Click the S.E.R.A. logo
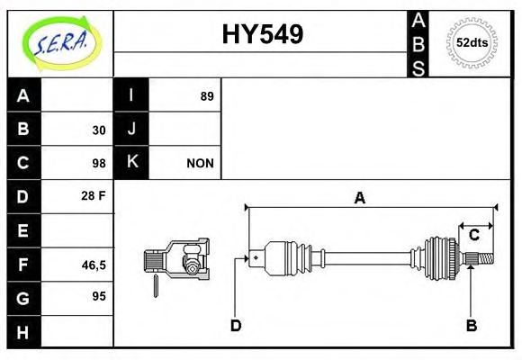[60, 41]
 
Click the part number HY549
[262, 34]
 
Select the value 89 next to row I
[207, 96]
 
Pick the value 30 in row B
[99, 130]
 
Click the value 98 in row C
[99, 163]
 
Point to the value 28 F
[94, 195]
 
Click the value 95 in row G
[99, 295]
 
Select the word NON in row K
[200, 163]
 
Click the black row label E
[23, 230]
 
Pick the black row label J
[131, 130]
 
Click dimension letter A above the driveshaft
[359, 199]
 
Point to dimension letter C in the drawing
[473, 236]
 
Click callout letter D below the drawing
[236, 325]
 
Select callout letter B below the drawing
[471, 325]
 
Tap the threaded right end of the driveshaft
[483, 260]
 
